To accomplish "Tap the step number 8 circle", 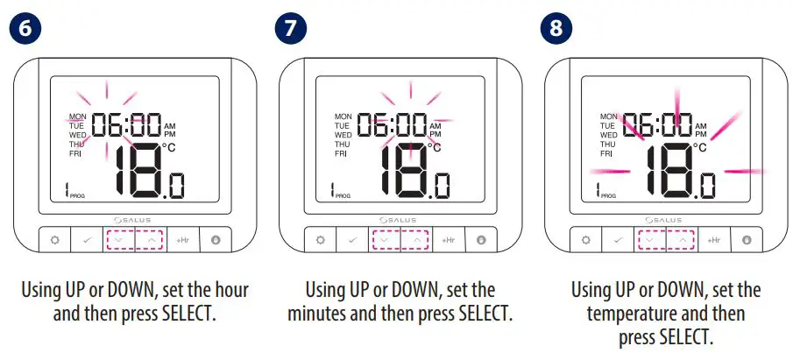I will (x=556, y=27).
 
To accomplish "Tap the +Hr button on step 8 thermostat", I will (x=713, y=239).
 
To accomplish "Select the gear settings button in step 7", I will (x=321, y=239).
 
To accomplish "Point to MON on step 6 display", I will (x=78, y=116).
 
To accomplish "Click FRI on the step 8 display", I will (x=606, y=154).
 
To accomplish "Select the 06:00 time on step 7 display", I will (x=392, y=125).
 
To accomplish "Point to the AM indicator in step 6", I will (x=169, y=126).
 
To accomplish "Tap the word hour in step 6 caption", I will (x=231, y=289).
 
